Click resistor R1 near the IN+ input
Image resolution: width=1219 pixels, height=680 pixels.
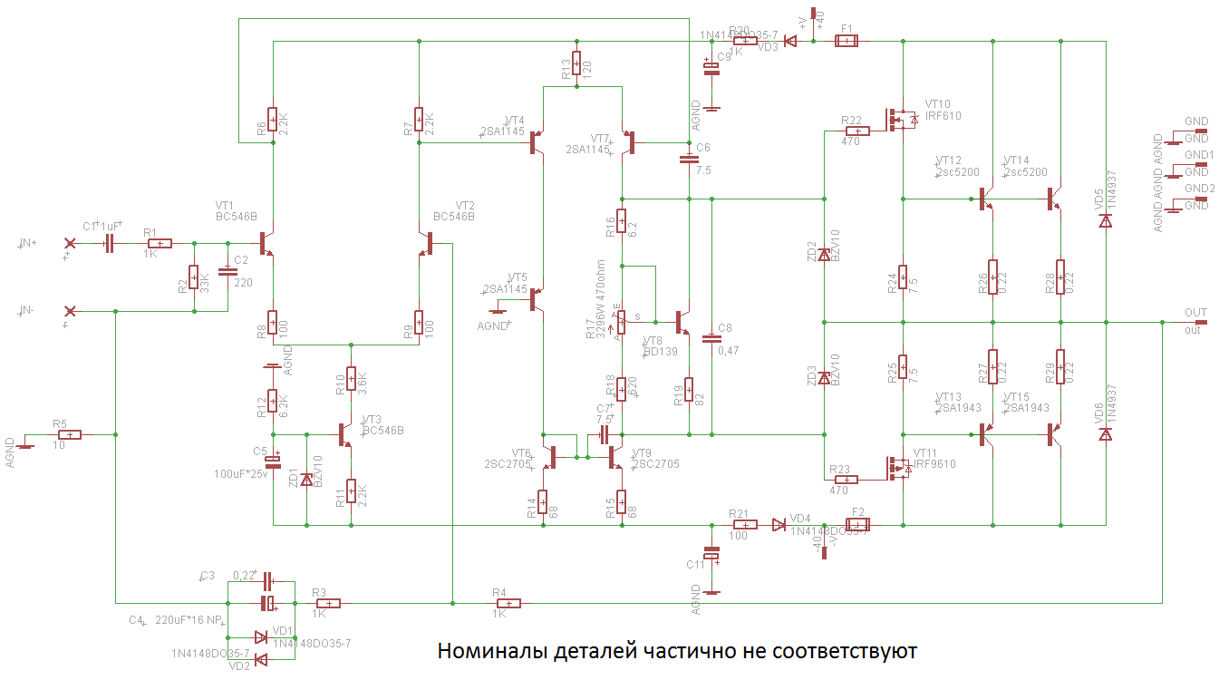click(x=160, y=243)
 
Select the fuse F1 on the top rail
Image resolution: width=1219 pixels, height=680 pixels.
click(x=846, y=41)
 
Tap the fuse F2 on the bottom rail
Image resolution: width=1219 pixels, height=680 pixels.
click(x=857, y=524)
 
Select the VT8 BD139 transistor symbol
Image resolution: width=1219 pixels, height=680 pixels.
click(x=682, y=322)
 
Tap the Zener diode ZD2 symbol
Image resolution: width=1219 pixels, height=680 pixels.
click(x=824, y=256)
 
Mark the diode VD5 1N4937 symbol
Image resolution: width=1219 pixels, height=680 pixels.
click(x=1106, y=220)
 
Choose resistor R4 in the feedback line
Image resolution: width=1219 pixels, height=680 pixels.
click(x=508, y=603)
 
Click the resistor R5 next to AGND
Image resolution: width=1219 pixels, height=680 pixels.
click(x=69, y=434)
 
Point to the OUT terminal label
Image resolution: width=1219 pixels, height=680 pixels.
click(x=1195, y=313)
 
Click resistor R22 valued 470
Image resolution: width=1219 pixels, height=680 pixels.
click(x=856, y=131)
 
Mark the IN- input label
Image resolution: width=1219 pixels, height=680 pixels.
click(x=27, y=311)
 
